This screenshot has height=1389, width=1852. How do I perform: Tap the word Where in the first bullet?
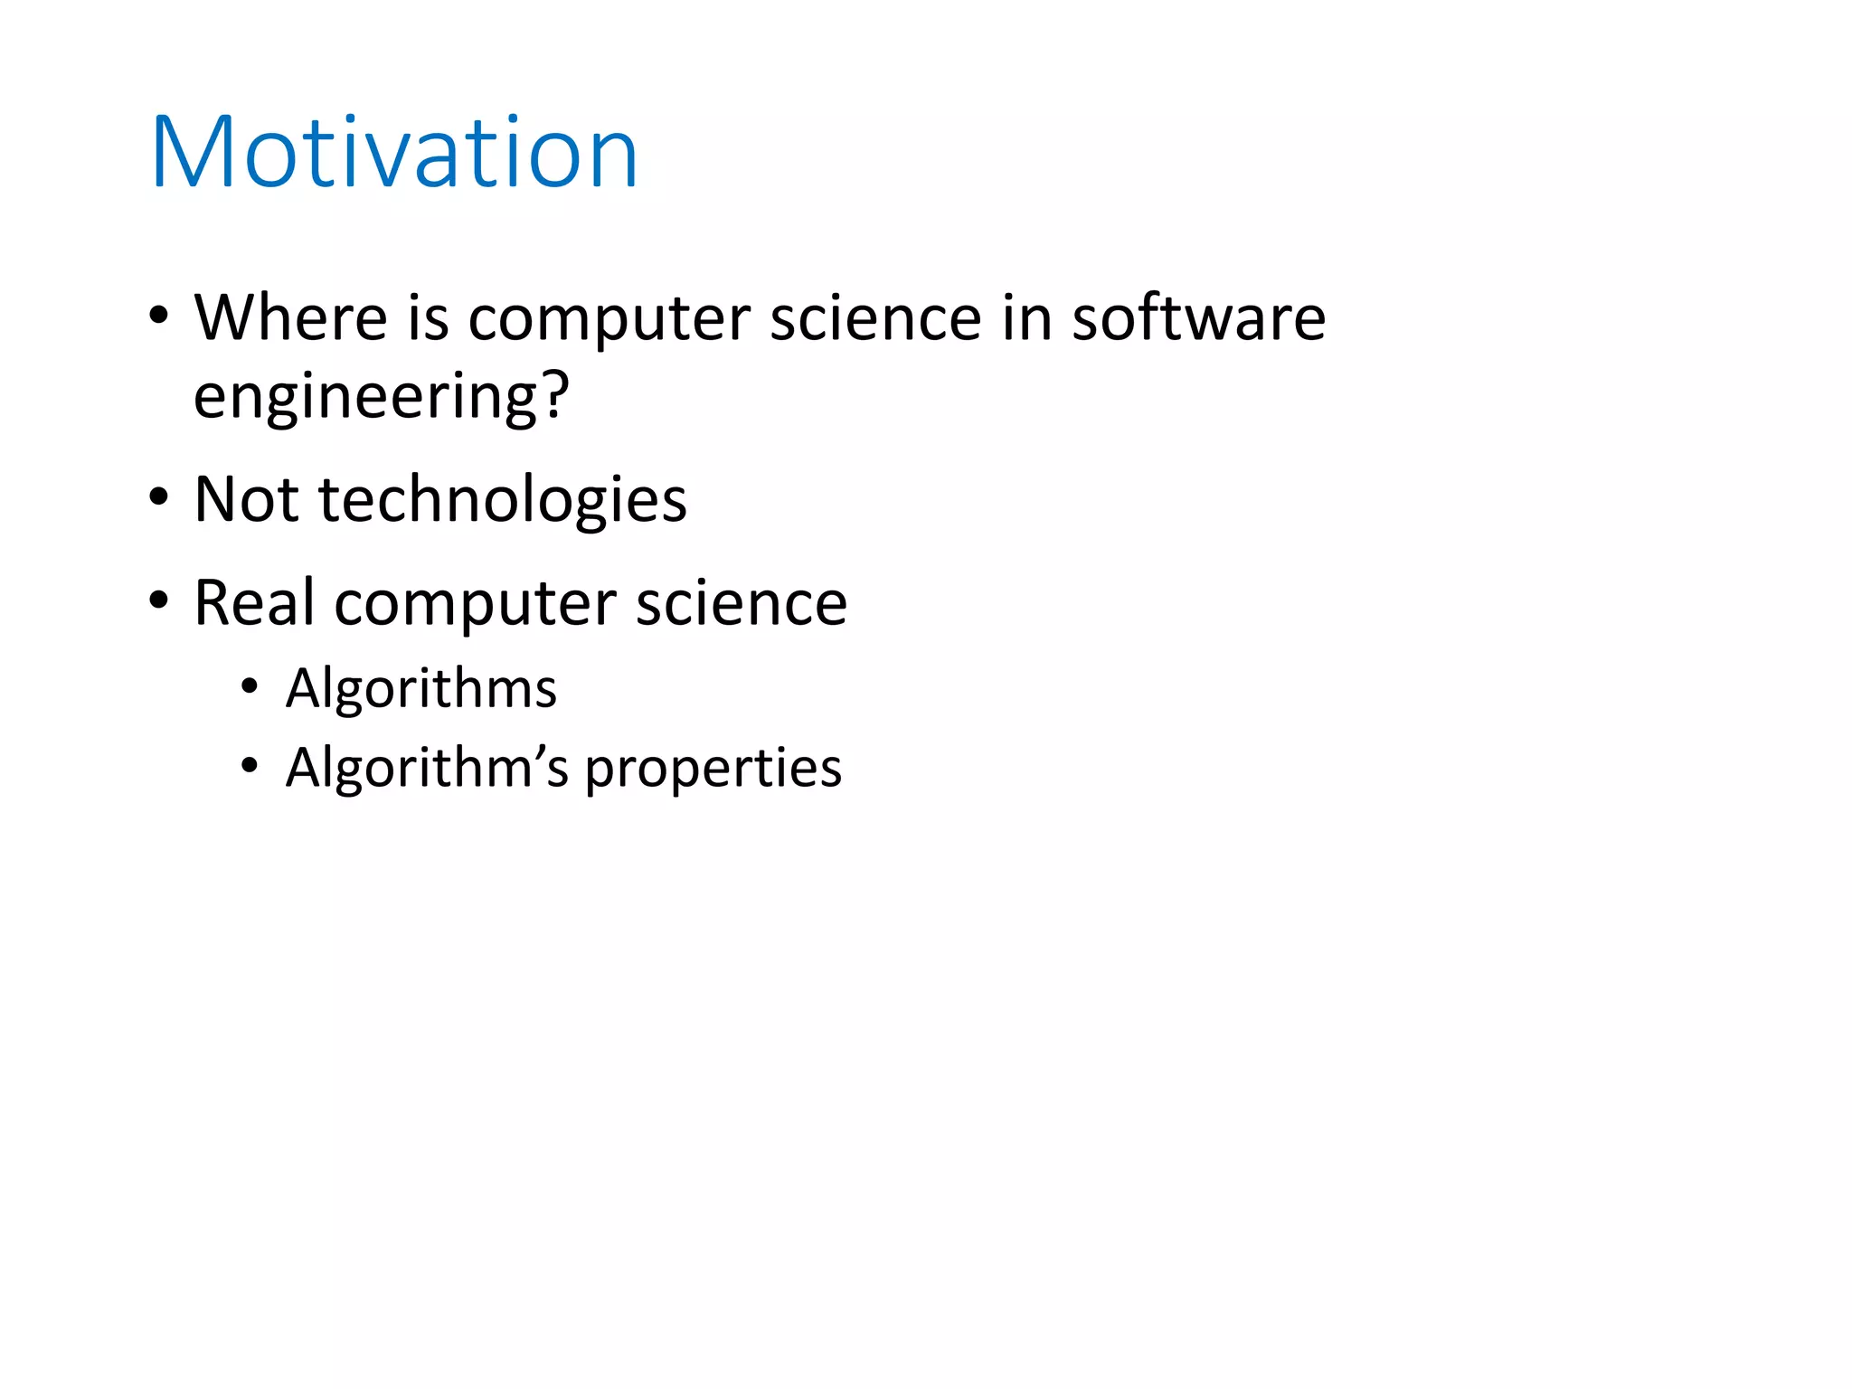(291, 318)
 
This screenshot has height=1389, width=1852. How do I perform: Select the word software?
(1198, 318)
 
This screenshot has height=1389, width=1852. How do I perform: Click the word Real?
(255, 602)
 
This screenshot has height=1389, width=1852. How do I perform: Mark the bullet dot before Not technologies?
(159, 497)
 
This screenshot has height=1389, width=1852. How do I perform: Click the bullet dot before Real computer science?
(159, 600)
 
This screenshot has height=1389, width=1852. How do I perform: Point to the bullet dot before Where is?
(159, 317)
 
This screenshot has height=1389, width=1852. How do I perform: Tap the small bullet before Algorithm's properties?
(250, 767)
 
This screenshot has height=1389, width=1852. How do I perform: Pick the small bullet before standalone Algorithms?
(250, 687)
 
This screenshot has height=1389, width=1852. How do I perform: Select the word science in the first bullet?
(875, 318)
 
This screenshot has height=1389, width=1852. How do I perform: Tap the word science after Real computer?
(742, 603)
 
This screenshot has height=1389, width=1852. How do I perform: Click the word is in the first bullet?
(428, 318)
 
